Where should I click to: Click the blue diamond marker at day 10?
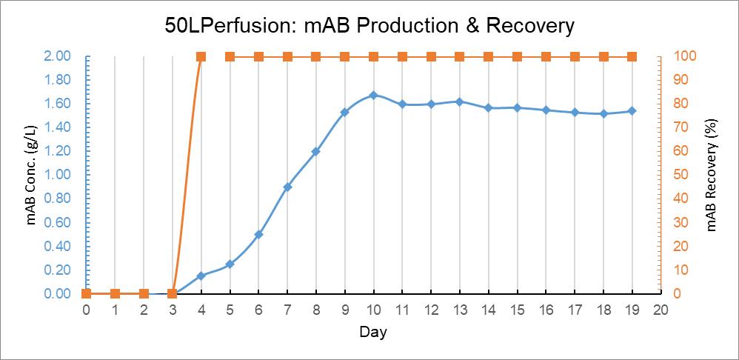[x=373, y=95]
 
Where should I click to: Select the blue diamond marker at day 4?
[x=201, y=276]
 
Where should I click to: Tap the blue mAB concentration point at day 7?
[x=287, y=187]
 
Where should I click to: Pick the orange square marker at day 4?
[x=201, y=56]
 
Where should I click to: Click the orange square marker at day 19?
[x=632, y=56]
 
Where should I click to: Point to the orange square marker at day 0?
[x=86, y=293]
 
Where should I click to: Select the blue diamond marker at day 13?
[x=460, y=101]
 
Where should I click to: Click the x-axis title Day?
[x=373, y=332]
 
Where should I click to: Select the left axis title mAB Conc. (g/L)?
[x=32, y=175]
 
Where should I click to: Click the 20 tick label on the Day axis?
[x=661, y=310]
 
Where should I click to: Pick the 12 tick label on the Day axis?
[x=431, y=310]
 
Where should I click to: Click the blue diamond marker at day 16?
[x=546, y=110]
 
